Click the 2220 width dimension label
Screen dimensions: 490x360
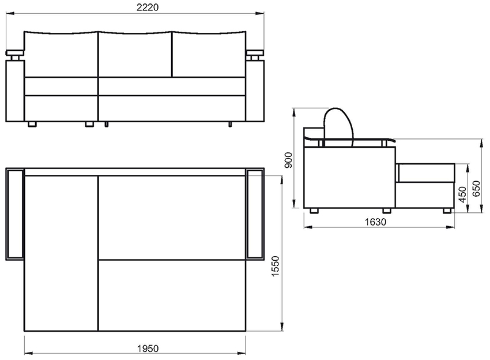coord(148,7)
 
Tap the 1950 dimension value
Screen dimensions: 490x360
coord(148,348)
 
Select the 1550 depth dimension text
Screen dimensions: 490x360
coord(276,266)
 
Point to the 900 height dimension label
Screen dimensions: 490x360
coord(288,160)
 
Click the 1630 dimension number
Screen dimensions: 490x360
coord(376,222)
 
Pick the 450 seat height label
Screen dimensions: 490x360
coord(462,194)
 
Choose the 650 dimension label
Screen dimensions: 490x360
coord(476,189)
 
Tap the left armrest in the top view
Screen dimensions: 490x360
coord(14,214)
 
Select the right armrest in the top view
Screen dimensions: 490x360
coord(255,214)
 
